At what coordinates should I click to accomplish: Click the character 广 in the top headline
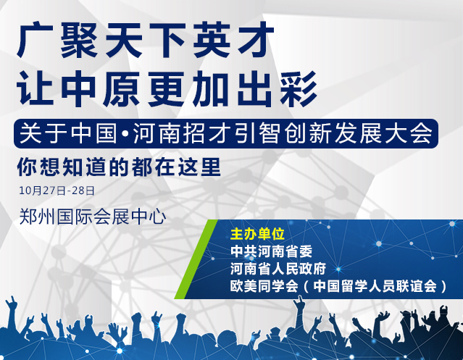[x=35, y=41]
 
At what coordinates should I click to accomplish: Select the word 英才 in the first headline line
[x=233, y=41]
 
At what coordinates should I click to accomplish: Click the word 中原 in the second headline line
[x=101, y=88]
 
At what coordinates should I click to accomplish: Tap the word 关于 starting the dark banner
[x=43, y=133]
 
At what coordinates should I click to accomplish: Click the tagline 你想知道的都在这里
[x=119, y=167]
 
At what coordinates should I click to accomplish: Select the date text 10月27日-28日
[x=57, y=191]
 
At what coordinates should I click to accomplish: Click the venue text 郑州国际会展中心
[x=93, y=217]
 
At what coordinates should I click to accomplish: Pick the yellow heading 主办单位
[x=257, y=234]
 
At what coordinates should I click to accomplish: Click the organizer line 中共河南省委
[x=271, y=251]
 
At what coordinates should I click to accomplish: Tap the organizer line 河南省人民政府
[x=278, y=269]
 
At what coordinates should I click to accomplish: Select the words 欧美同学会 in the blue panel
[x=264, y=286]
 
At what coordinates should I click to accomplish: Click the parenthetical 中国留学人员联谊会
[x=375, y=286]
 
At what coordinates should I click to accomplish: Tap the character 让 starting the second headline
[x=35, y=88]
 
